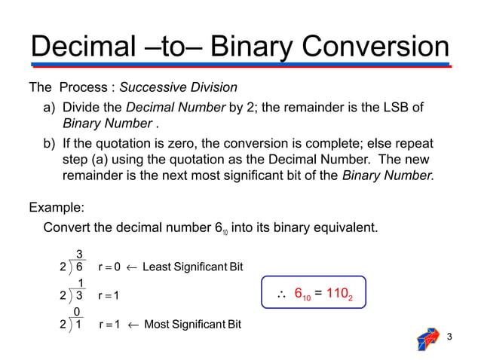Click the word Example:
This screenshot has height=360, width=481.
pyautogui.click(x=57, y=206)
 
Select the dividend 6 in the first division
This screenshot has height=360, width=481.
pyautogui.click(x=78, y=267)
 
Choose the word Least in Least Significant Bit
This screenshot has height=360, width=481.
pyautogui.click(x=158, y=267)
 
